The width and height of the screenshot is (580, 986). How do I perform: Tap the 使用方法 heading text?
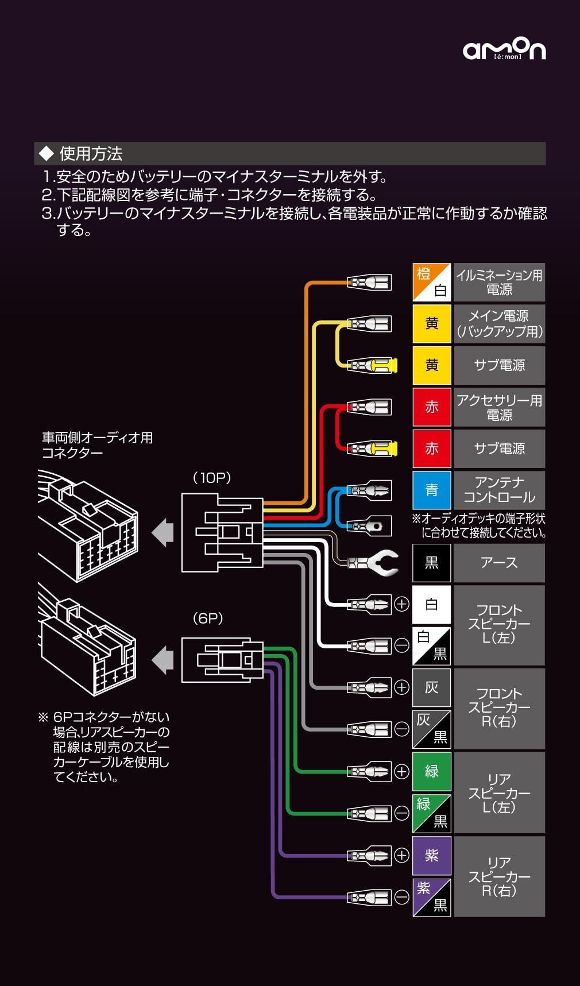click(91, 154)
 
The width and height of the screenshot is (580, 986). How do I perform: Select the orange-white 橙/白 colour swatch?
click(431, 282)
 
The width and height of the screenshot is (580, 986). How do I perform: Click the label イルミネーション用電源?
click(499, 282)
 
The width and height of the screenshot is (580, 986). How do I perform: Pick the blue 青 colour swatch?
click(431, 490)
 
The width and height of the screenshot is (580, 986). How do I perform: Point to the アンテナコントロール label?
click(499, 490)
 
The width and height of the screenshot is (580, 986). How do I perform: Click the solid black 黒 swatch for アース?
click(431, 563)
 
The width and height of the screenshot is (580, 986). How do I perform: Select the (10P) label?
click(212, 478)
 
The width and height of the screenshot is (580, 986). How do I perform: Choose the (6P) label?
click(208, 618)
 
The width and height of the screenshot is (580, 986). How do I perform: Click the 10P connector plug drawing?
click(222, 533)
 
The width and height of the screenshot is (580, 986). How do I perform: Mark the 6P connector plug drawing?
click(222, 660)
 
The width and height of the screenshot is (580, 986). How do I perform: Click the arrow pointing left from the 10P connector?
click(163, 532)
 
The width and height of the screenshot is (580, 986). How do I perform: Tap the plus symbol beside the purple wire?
click(402, 855)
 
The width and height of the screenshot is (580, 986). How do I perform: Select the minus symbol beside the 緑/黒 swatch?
click(402, 813)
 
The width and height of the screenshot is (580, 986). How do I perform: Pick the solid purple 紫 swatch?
click(431, 855)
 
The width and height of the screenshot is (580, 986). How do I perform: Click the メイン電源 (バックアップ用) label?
click(499, 324)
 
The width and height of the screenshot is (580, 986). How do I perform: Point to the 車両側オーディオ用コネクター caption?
click(97, 445)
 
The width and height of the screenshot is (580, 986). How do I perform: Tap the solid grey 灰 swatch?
click(431, 687)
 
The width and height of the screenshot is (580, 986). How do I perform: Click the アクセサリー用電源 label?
click(499, 407)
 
